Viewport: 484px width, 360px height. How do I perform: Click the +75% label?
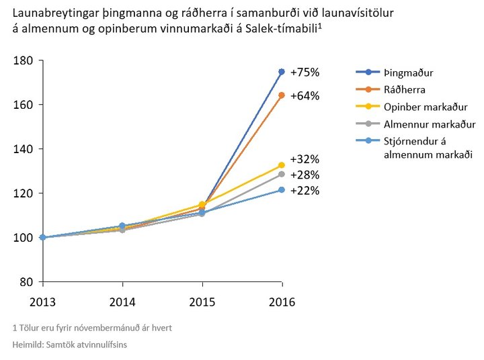[x=305, y=72]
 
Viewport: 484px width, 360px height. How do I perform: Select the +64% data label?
[x=305, y=96]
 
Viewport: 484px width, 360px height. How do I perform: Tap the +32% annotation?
[x=305, y=159]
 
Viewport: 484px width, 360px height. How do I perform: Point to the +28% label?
[x=305, y=175]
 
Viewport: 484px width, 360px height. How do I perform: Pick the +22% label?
[x=305, y=190]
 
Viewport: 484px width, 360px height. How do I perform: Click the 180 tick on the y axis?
[x=24, y=60]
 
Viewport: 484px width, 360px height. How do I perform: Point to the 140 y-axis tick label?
[x=24, y=148]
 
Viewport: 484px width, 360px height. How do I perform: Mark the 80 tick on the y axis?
[x=27, y=281]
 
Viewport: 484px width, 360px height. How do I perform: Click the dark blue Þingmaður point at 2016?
[x=282, y=71]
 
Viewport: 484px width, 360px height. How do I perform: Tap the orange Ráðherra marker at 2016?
[x=282, y=95]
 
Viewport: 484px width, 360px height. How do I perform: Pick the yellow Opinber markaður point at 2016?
[x=282, y=165]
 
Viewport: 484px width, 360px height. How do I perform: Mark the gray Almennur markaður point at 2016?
[x=282, y=174]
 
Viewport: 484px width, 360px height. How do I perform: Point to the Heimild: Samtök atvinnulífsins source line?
[x=70, y=345]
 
